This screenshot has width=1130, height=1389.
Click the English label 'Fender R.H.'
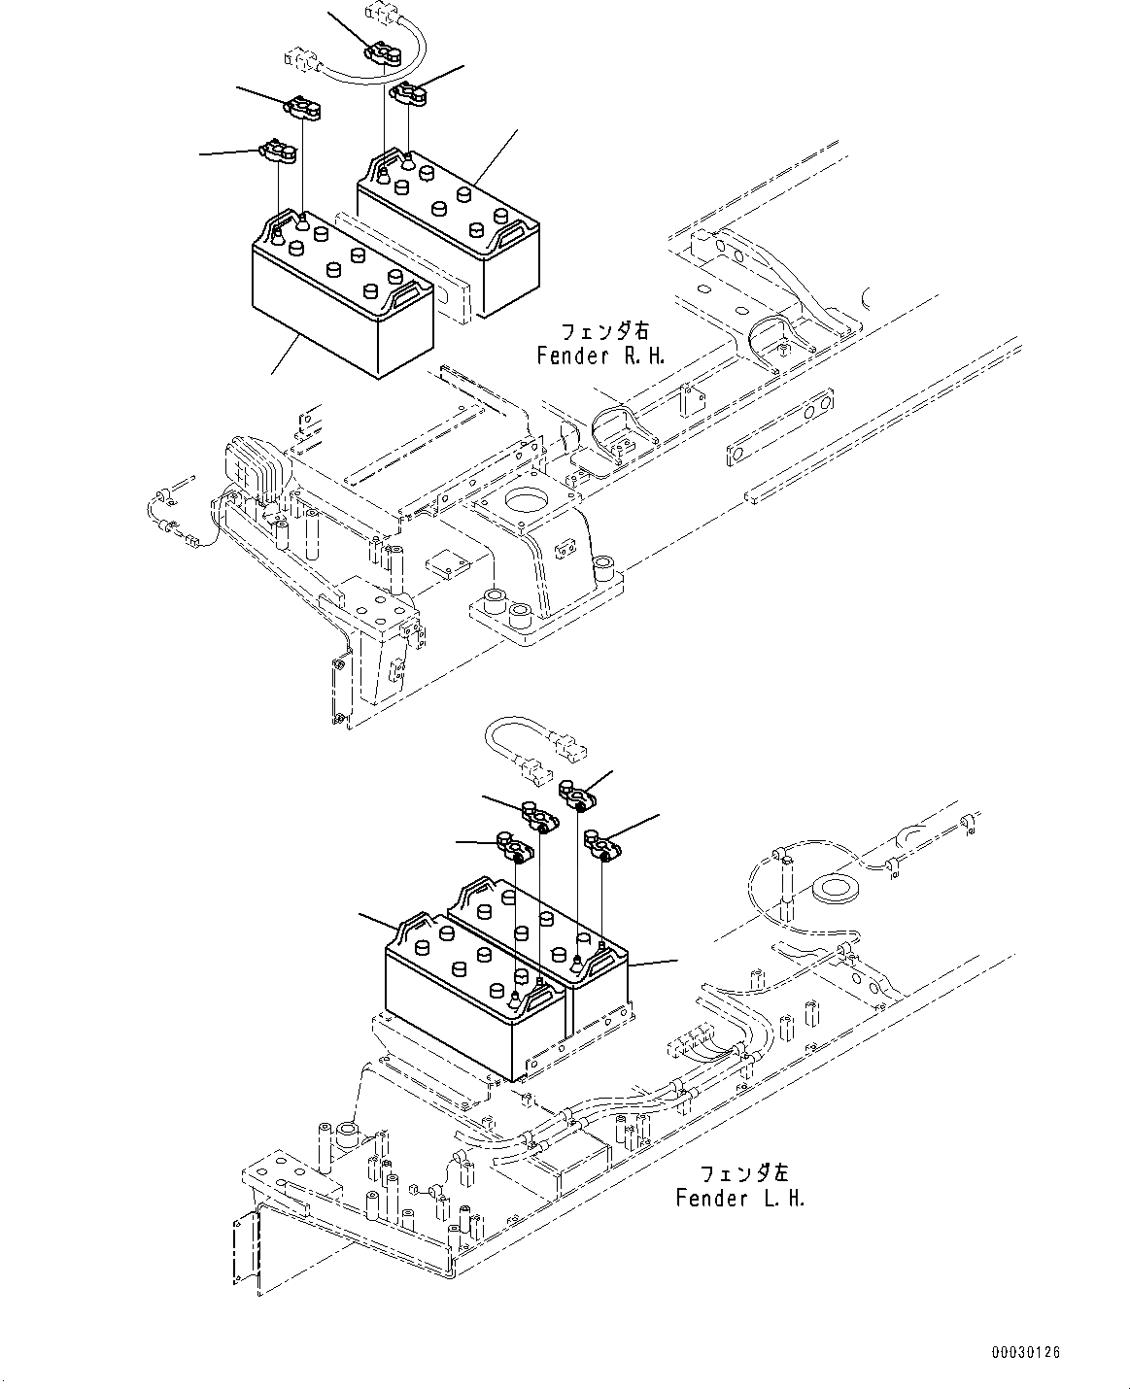tap(601, 356)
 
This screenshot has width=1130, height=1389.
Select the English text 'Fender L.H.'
tap(740, 1198)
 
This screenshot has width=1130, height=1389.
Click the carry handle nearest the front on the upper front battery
tap(408, 291)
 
